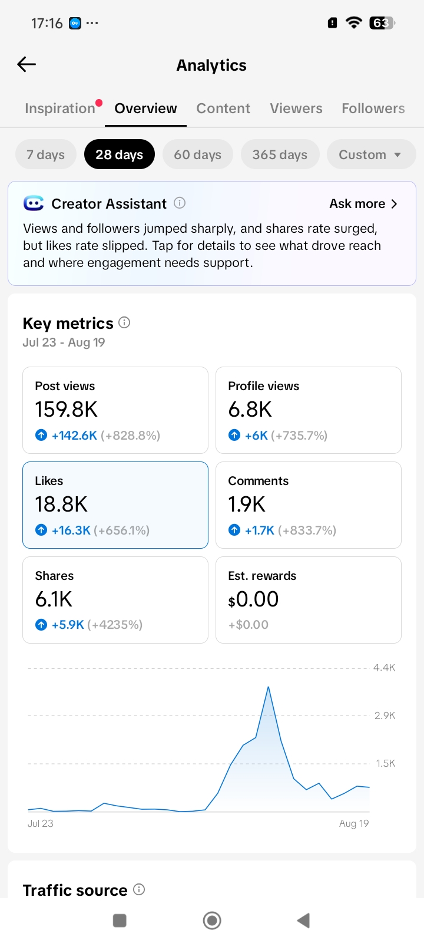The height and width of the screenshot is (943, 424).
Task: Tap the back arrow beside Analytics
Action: (x=26, y=64)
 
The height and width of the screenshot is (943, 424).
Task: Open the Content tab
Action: (x=223, y=108)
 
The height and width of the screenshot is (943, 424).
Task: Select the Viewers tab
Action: (x=296, y=108)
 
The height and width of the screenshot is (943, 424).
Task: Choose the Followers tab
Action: (x=373, y=108)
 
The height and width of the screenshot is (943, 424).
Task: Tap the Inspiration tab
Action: (x=60, y=108)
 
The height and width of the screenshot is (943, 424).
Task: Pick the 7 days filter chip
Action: (x=46, y=154)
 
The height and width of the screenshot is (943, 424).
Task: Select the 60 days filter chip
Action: (x=198, y=154)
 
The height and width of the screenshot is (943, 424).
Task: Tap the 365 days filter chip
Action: (x=280, y=154)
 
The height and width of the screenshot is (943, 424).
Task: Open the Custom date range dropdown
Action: (x=371, y=154)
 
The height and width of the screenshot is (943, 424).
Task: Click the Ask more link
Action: (x=363, y=204)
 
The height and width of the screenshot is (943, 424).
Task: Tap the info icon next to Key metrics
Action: (x=124, y=323)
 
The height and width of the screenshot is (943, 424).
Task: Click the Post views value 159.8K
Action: (x=66, y=409)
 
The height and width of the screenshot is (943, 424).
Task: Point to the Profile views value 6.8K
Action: (x=250, y=409)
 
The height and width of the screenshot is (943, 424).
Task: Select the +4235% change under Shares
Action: (x=115, y=624)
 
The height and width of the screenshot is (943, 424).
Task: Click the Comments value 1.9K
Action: (x=247, y=504)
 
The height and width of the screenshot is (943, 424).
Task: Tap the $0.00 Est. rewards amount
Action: (x=253, y=599)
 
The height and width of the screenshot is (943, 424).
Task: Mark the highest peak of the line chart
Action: (x=269, y=687)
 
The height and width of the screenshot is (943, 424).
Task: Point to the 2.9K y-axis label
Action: (x=385, y=716)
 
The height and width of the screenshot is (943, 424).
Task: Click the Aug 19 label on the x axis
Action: (x=354, y=823)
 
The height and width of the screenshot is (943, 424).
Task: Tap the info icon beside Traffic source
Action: (x=139, y=889)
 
